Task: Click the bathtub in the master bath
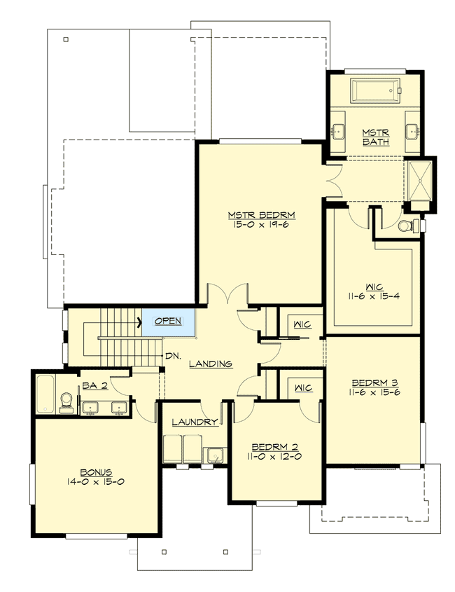[374, 91]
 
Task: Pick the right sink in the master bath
[412, 130]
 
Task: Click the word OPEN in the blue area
[167, 321]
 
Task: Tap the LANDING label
[210, 364]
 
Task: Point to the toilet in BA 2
[66, 399]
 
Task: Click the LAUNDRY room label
[195, 422]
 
